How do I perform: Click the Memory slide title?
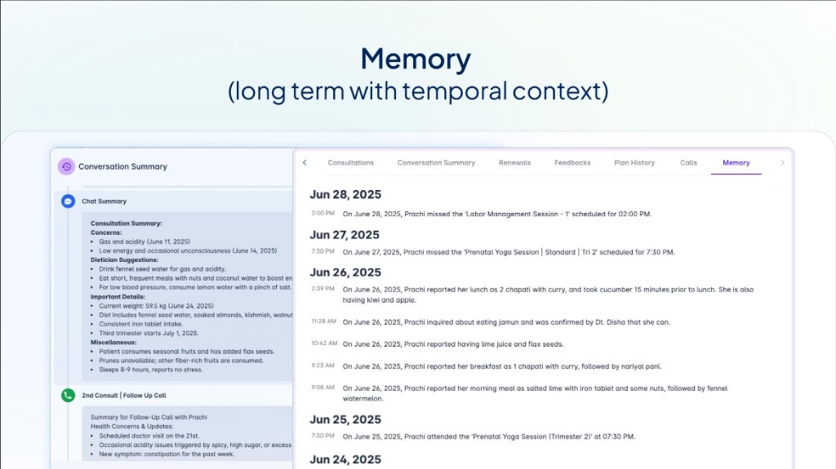pyautogui.click(x=416, y=60)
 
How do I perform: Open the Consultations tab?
pyautogui.click(x=351, y=163)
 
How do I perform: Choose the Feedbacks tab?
pyautogui.click(x=572, y=163)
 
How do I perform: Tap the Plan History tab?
pyautogui.click(x=634, y=163)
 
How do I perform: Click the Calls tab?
pyautogui.click(x=688, y=163)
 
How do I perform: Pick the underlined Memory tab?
pyautogui.click(x=736, y=163)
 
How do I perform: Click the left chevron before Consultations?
pyautogui.click(x=305, y=163)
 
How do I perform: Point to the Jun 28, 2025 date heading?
pyautogui.click(x=345, y=195)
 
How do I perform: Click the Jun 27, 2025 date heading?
pyautogui.click(x=345, y=235)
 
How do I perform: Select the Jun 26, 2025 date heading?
pyautogui.click(x=345, y=272)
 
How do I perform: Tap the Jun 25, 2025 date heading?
pyautogui.click(x=345, y=419)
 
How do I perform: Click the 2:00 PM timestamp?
pyautogui.click(x=323, y=214)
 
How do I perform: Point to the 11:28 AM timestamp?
pyautogui.click(x=323, y=321)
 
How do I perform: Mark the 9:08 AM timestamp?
pyautogui.click(x=323, y=388)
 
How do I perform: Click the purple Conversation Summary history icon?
pyautogui.click(x=66, y=166)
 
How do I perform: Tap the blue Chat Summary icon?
pyautogui.click(x=69, y=201)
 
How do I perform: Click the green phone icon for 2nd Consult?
pyautogui.click(x=69, y=395)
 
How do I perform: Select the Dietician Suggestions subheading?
pyautogui.click(x=125, y=259)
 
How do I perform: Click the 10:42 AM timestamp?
pyautogui.click(x=323, y=343)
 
